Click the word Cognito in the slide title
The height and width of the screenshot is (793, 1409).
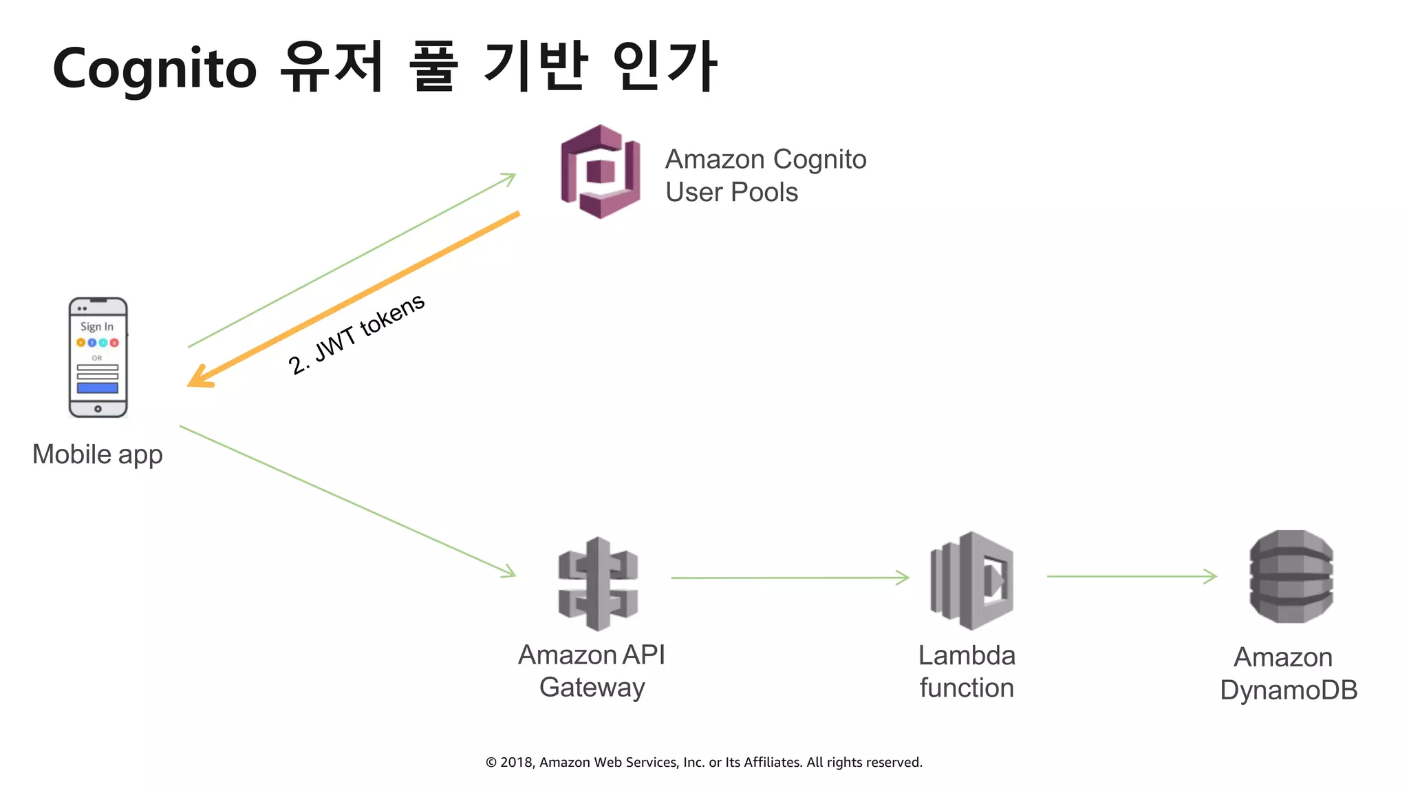point(155,69)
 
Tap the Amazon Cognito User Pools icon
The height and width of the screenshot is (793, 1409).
point(600,171)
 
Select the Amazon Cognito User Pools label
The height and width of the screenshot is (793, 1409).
point(765,176)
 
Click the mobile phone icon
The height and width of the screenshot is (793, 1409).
point(98,357)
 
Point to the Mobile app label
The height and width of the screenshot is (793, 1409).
point(98,454)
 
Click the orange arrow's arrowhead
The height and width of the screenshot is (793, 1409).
point(200,378)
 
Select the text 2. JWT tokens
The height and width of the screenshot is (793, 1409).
point(356,335)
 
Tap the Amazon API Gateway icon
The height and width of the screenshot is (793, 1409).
point(598,583)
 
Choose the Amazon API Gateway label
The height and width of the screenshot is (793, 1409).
point(592,670)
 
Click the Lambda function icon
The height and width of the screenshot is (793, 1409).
point(971,580)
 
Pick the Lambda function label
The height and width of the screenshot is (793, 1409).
point(967,671)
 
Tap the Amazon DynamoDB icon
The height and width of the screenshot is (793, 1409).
point(1291,577)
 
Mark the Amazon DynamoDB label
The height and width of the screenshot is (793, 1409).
point(1288,673)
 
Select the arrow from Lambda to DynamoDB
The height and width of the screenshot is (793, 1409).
point(1131,576)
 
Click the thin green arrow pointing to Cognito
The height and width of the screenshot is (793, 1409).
point(351,261)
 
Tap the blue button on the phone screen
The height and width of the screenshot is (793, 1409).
point(98,388)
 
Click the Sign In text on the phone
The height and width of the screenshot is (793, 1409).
point(97,326)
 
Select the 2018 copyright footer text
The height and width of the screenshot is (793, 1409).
point(704,762)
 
